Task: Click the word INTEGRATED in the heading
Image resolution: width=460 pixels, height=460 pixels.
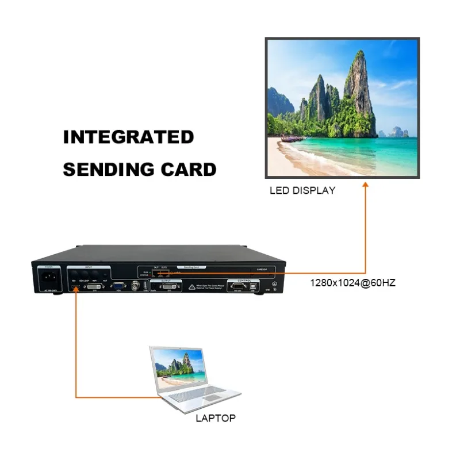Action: pyautogui.click(x=128, y=137)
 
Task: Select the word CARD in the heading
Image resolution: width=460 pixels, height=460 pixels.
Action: pyautogui.click(x=193, y=170)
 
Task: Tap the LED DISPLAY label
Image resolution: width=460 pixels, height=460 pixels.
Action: pyautogui.click(x=302, y=190)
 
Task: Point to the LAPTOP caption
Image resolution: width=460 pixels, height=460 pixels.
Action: pyautogui.click(x=216, y=418)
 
